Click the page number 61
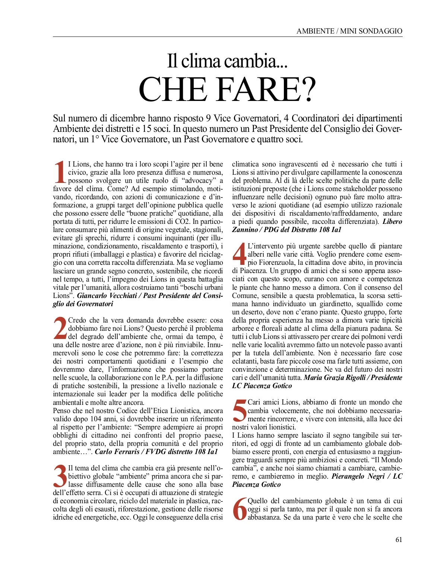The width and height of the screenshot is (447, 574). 399,539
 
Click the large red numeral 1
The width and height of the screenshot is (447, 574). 60,172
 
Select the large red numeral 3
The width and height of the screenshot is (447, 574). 60,476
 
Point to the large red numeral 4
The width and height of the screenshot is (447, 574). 239,254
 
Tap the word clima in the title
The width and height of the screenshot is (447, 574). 200,61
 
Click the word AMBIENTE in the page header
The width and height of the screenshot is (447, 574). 316,31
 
